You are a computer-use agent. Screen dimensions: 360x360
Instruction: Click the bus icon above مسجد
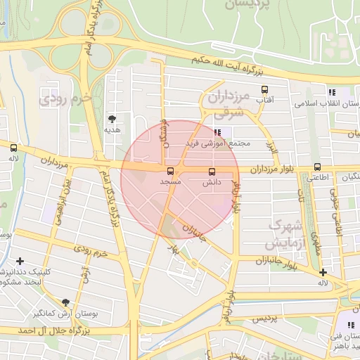tap(169, 171)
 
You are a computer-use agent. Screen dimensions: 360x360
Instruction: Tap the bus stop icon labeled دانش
tap(212, 172)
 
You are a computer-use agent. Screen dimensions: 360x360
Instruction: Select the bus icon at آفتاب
tap(264, 90)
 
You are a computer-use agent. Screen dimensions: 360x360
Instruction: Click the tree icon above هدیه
tap(112, 119)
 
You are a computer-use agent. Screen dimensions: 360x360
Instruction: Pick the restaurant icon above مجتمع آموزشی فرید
tap(218, 131)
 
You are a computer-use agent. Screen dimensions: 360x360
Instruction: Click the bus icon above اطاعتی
tap(317, 167)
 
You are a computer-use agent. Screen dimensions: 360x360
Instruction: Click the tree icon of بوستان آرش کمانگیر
tap(66, 302)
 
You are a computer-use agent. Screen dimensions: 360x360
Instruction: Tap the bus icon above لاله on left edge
tap(13, 148)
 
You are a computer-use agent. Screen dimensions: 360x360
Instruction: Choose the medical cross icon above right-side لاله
tap(323, 272)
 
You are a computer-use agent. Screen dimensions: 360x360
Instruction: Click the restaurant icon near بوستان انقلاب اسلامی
tap(331, 92)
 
